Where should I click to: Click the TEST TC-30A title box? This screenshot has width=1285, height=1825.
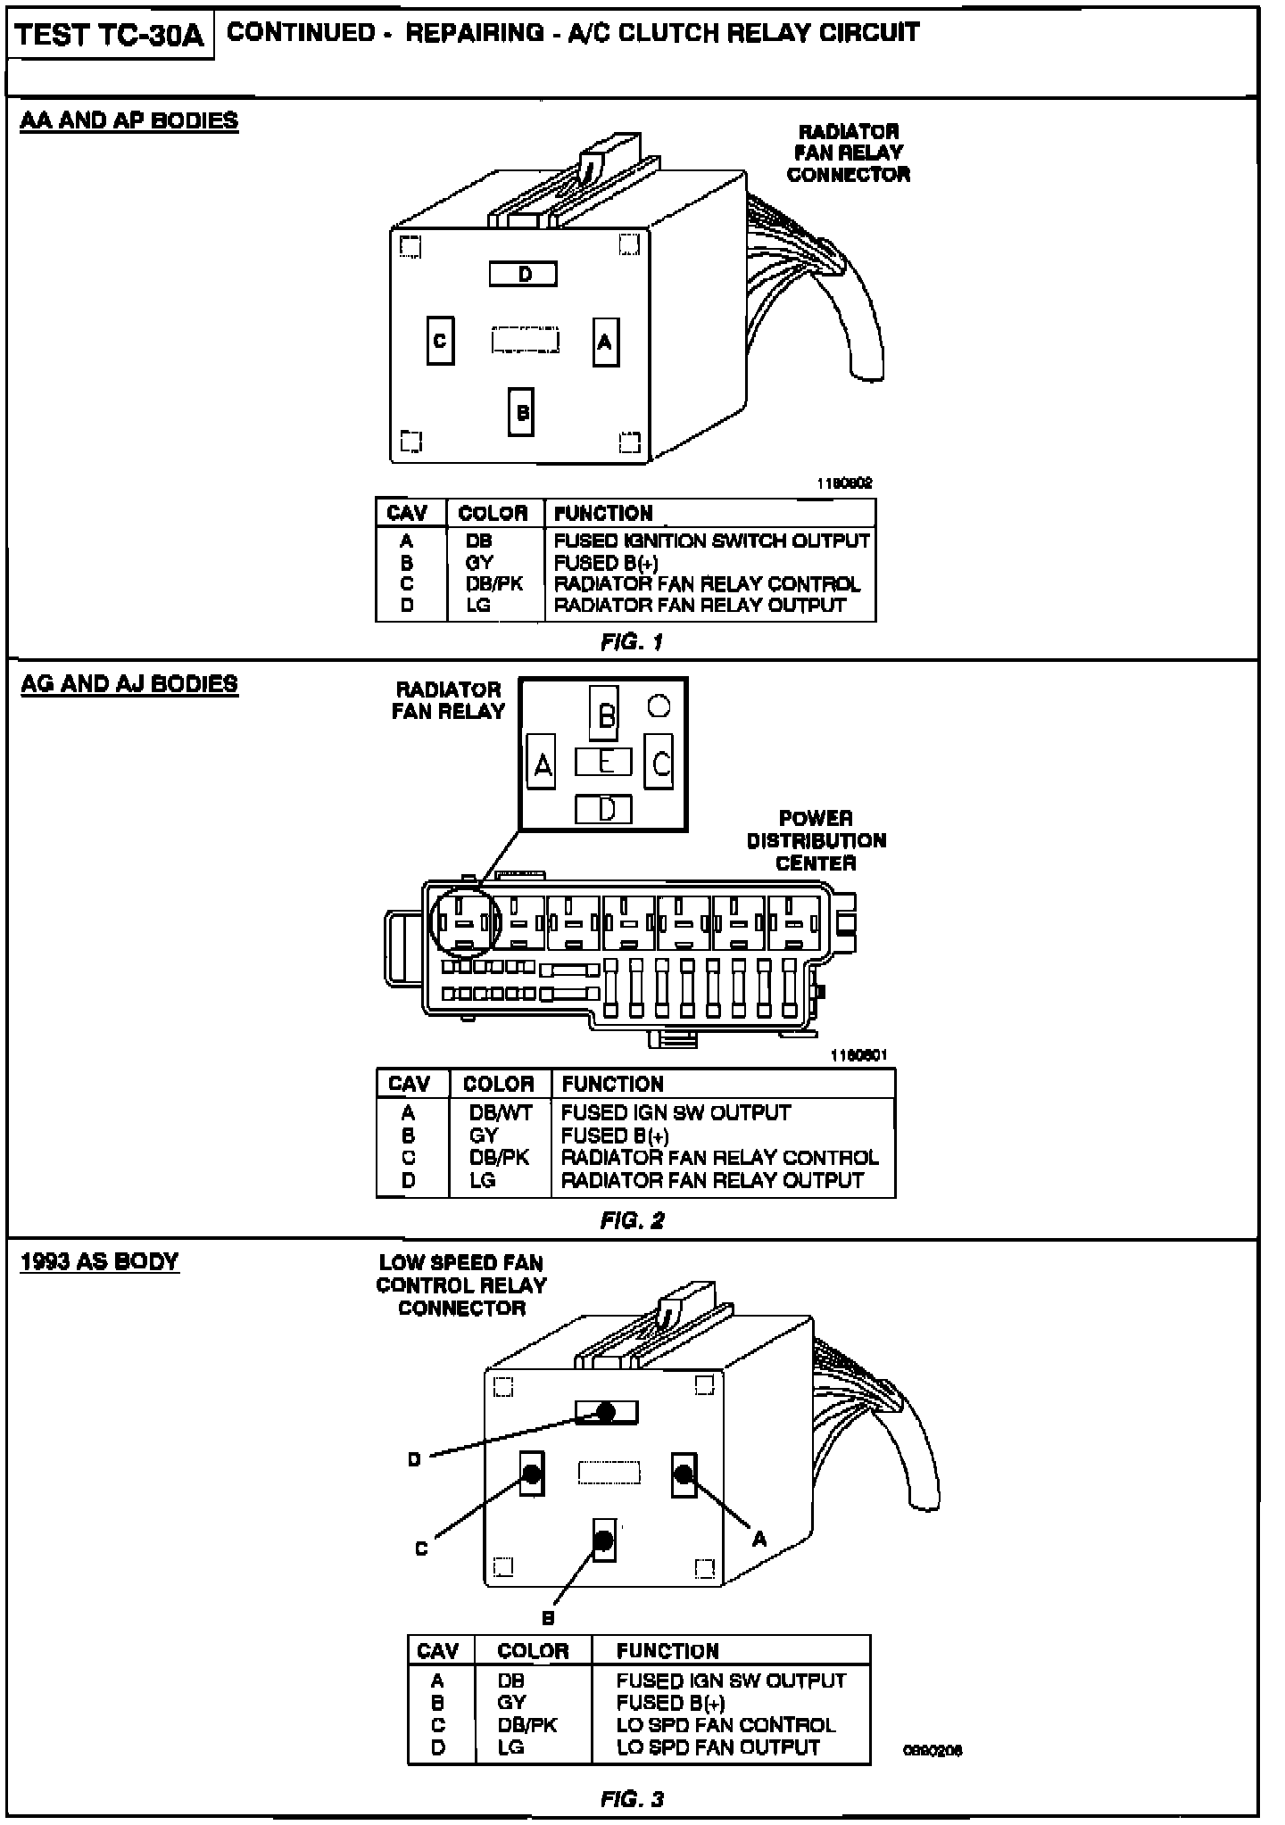110,36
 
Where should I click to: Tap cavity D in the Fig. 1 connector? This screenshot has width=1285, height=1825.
523,274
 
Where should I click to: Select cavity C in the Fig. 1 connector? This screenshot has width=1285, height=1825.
440,341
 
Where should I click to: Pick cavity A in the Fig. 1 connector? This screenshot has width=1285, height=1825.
605,342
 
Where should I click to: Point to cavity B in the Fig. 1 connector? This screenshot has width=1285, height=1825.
521,412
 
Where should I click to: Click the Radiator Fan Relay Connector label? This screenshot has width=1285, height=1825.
848,153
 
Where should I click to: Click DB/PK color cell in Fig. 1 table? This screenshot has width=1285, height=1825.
493,584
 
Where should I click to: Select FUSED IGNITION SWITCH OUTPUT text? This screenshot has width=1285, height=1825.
711,541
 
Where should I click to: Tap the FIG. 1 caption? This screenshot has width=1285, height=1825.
632,642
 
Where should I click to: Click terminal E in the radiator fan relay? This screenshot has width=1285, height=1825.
604,762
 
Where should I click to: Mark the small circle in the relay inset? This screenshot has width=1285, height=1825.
659,706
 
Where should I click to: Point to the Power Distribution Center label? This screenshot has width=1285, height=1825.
816,840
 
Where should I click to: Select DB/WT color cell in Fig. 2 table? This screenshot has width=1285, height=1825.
500,1112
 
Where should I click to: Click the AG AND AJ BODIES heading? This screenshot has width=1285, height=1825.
129,684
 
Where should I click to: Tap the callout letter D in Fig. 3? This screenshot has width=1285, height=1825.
414,1460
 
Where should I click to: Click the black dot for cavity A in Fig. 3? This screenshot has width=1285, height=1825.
684,1474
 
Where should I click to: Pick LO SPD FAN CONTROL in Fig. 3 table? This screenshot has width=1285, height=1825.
725,1725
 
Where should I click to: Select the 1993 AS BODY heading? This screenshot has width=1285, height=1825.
99,1261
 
